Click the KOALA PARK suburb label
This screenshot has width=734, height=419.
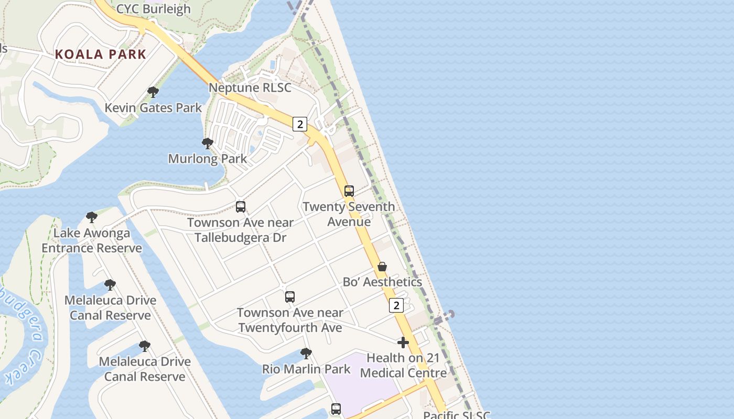point(100,54)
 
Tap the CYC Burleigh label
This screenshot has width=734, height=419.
point(153,9)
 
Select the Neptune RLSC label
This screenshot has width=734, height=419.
point(250,87)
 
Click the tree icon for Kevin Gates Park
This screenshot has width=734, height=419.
point(153,93)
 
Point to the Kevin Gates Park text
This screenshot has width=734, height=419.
point(153,108)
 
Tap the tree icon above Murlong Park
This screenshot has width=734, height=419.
point(208,144)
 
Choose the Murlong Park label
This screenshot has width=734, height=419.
point(208,159)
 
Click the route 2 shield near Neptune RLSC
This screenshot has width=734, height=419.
point(299,124)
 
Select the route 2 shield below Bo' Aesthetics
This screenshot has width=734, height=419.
point(396,305)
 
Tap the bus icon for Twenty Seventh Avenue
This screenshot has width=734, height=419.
point(349,191)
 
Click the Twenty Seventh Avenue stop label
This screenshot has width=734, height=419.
point(349,214)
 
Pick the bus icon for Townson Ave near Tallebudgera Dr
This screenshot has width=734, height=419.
point(241,207)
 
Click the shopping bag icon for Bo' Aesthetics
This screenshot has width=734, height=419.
point(382,267)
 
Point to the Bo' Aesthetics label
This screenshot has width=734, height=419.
point(382,282)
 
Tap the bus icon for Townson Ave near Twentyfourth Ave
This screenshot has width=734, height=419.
point(290,297)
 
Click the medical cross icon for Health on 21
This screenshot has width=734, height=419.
point(403,343)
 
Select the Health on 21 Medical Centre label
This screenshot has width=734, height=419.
point(403,366)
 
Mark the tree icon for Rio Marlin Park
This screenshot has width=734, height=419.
point(306,354)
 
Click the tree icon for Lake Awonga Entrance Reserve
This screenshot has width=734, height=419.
point(92,217)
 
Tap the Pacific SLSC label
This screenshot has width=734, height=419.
point(456,415)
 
